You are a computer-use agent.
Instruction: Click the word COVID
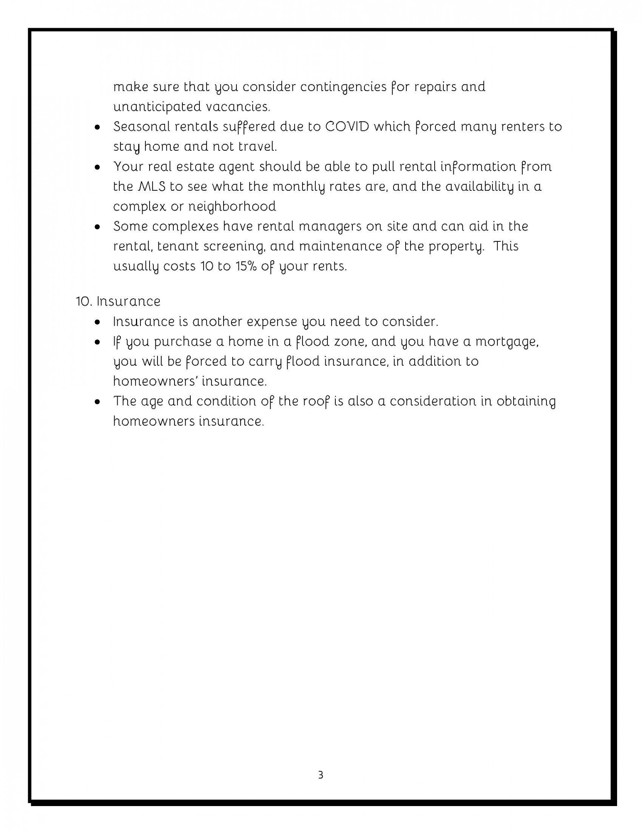coord(347,126)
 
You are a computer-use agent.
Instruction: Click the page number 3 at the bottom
coord(320,775)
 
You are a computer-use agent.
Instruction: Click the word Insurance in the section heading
coord(128,301)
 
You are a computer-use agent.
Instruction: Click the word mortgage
coord(507,342)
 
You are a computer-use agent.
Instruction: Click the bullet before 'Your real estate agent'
coord(97,167)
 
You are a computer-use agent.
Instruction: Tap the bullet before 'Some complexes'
coord(97,227)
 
